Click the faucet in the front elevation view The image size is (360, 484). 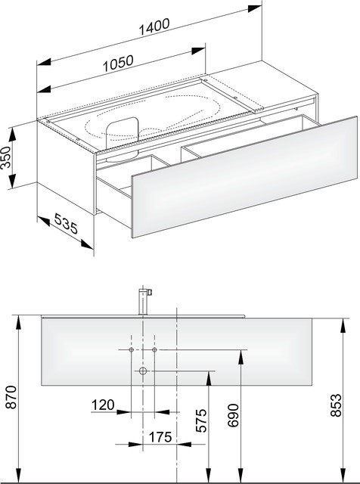[x=144, y=301]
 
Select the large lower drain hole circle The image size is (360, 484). [x=143, y=371]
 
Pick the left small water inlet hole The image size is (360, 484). [x=132, y=352]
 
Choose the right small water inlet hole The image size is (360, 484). [x=154, y=352]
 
